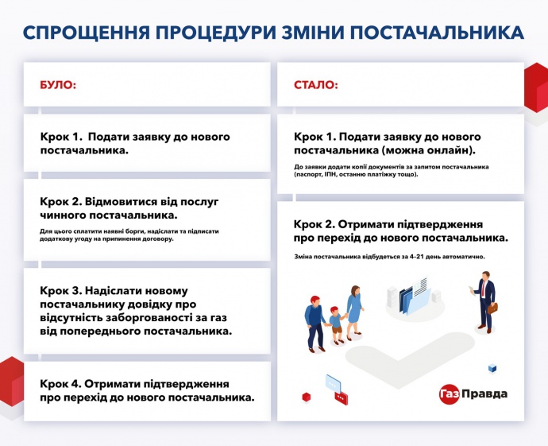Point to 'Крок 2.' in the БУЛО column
tap(62, 200)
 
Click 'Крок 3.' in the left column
tap(62, 290)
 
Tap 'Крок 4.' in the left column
tap(62, 382)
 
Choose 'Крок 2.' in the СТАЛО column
tap(315, 225)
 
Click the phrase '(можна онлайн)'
tap(429, 149)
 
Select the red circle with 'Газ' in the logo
tap(450, 394)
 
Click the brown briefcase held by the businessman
tap(492, 307)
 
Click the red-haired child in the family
tap(336, 323)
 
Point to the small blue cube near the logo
tap(493, 368)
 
